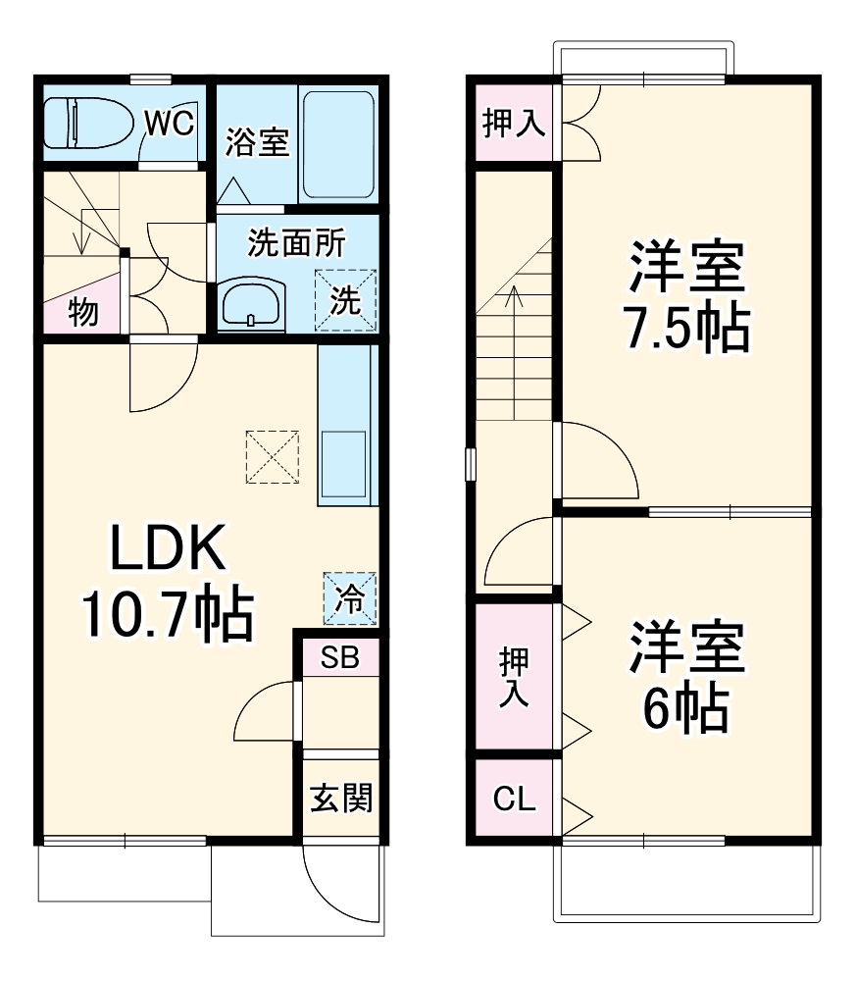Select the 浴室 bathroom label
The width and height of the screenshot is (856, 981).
pyautogui.click(x=257, y=142)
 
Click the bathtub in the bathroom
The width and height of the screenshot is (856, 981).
pyautogui.click(x=337, y=145)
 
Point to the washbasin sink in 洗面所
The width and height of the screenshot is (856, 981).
pyautogui.click(x=253, y=304)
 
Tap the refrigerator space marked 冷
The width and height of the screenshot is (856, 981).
pyautogui.click(x=350, y=597)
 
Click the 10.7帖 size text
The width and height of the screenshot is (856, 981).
pyautogui.click(x=167, y=614)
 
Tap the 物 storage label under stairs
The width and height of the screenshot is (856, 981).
pyautogui.click(x=82, y=313)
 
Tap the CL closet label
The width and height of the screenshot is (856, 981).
pyautogui.click(x=514, y=800)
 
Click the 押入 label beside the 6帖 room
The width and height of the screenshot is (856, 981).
pyautogui.click(x=513, y=678)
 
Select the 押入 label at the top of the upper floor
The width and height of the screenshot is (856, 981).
pyautogui.click(x=513, y=124)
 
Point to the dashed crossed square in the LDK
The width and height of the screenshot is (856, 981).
pyautogui.click(x=272, y=457)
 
